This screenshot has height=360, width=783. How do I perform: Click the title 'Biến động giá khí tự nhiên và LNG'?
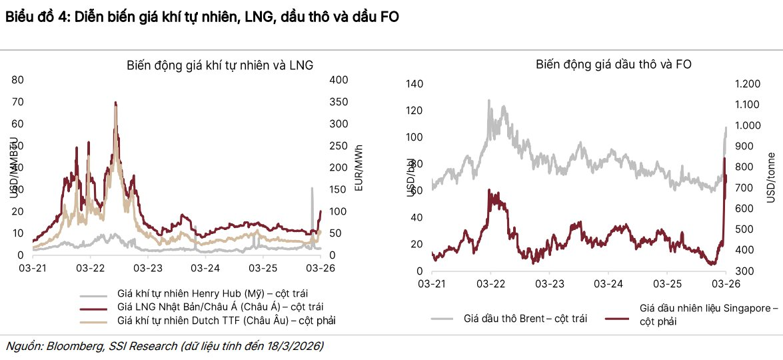(220, 65)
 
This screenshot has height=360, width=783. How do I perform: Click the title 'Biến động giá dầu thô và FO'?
(613, 65)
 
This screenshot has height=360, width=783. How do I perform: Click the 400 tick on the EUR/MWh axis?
(339, 79)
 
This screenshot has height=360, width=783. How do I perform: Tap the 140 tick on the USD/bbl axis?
(414, 84)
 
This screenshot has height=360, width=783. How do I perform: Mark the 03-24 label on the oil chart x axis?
(607, 284)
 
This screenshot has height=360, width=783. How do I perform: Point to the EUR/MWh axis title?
(359, 167)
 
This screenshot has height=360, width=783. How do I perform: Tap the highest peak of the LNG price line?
(115, 103)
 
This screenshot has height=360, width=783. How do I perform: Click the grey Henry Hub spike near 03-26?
(311, 189)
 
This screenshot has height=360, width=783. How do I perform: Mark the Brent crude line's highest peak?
(488, 101)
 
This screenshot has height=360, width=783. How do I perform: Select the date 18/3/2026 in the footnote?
(297, 346)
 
